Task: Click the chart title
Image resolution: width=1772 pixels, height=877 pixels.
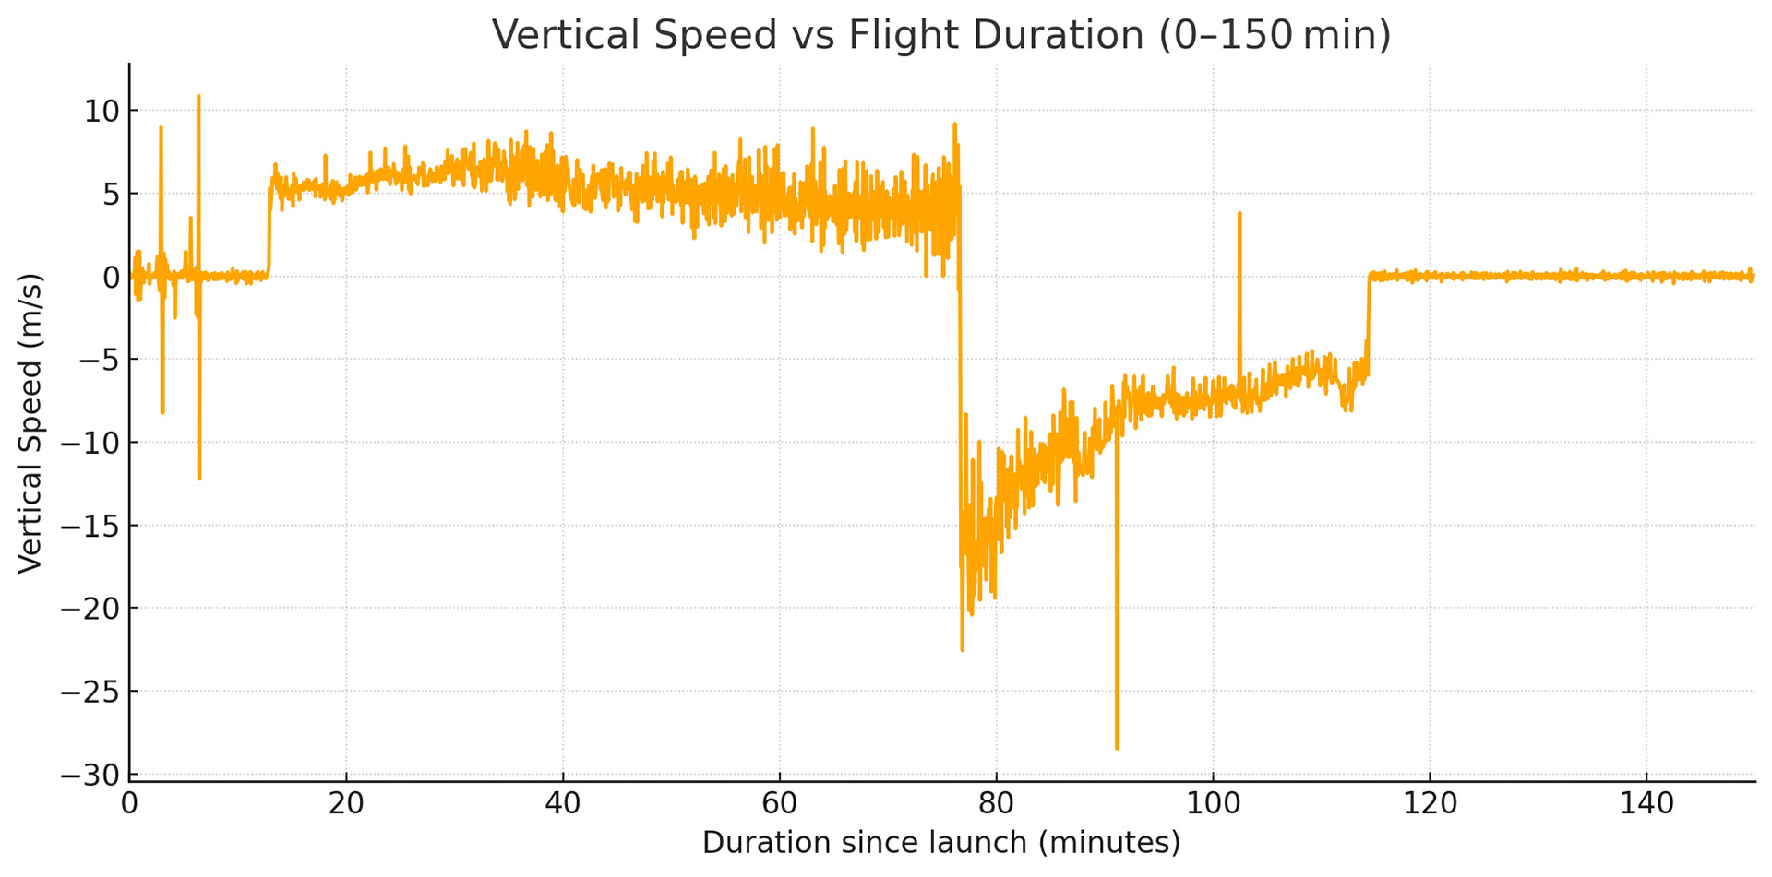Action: (940, 35)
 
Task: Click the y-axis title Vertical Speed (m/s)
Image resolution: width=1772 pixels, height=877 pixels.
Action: (30, 423)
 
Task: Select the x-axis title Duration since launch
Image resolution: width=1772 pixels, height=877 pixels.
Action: (940, 842)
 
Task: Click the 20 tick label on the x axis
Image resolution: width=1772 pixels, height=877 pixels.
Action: (346, 804)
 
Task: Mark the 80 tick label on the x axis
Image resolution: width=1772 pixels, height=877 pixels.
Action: (996, 804)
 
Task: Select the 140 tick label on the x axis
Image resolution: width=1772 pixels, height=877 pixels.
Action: (1646, 804)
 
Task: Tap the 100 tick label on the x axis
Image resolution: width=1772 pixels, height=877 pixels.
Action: (1213, 804)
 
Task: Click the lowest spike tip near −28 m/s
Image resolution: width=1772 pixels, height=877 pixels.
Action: (1117, 748)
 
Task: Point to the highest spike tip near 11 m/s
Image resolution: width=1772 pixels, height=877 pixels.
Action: (198, 96)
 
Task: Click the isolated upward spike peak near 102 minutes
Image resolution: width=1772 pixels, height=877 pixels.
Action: (1239, 213)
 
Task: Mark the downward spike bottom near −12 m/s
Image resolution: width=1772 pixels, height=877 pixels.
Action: (199, 478)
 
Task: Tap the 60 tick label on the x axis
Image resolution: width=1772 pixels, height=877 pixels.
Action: (779, 804)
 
